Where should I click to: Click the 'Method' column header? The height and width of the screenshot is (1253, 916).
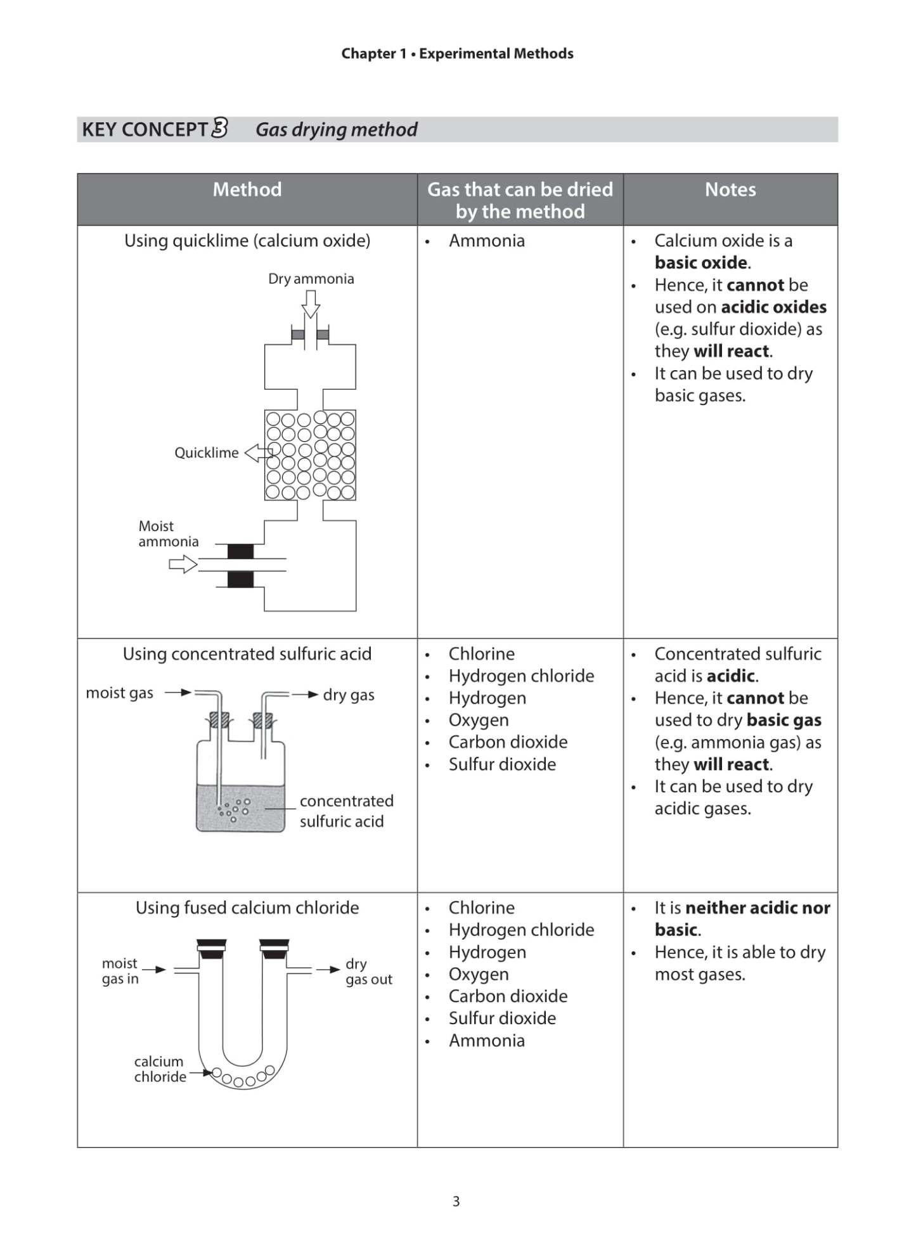click(247, 190)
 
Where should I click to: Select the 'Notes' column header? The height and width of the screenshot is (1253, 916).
click(730, 190)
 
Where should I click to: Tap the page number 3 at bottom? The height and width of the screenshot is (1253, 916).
click(456, 1201)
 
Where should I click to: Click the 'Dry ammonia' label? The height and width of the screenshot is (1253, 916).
click(311, 279)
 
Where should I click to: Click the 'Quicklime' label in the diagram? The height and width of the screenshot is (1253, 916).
click(207, 453)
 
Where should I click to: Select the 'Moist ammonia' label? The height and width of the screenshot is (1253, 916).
click(168, 534)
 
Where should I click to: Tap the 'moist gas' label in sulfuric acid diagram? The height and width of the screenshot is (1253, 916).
click(119, 693)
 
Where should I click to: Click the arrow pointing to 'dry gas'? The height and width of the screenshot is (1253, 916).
click(305, 695)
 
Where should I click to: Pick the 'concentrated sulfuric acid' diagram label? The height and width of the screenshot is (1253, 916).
click(346, 811)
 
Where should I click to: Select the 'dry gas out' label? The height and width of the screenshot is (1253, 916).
click(368, 971)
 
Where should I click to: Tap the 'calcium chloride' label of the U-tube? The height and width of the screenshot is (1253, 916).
click(160, 1069)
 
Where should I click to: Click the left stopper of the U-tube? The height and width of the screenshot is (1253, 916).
click(211, 949)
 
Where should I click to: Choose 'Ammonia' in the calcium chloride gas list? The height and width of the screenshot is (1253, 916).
click(486, 1041)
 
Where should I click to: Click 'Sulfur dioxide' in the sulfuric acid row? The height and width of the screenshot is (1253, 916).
click(502, 764)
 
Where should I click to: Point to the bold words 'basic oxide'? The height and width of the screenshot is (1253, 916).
click(700, 262)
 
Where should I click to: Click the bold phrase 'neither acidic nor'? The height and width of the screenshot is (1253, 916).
click(758, 908)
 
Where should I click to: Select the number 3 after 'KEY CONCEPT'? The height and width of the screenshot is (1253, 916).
click(219, 128)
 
